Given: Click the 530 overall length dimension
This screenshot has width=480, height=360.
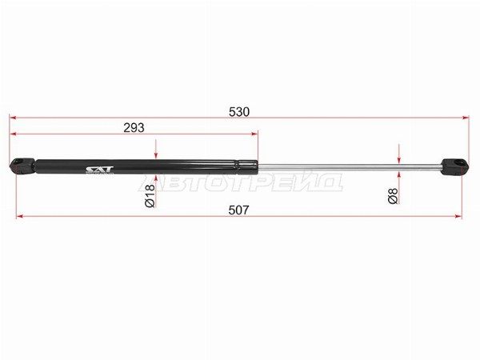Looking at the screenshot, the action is tap(239, 112).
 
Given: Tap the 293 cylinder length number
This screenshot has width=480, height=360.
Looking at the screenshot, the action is tap(134, 128).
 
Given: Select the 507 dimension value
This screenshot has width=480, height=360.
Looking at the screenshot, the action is tap(238, 210).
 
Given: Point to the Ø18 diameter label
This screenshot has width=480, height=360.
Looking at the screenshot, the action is tap(150, 196).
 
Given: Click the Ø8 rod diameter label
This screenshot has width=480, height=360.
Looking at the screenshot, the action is tap(393, 196).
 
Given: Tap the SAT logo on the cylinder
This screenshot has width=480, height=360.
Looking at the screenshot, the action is tap(99, 170).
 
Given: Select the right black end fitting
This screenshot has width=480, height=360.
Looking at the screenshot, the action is tap(455, 167).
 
